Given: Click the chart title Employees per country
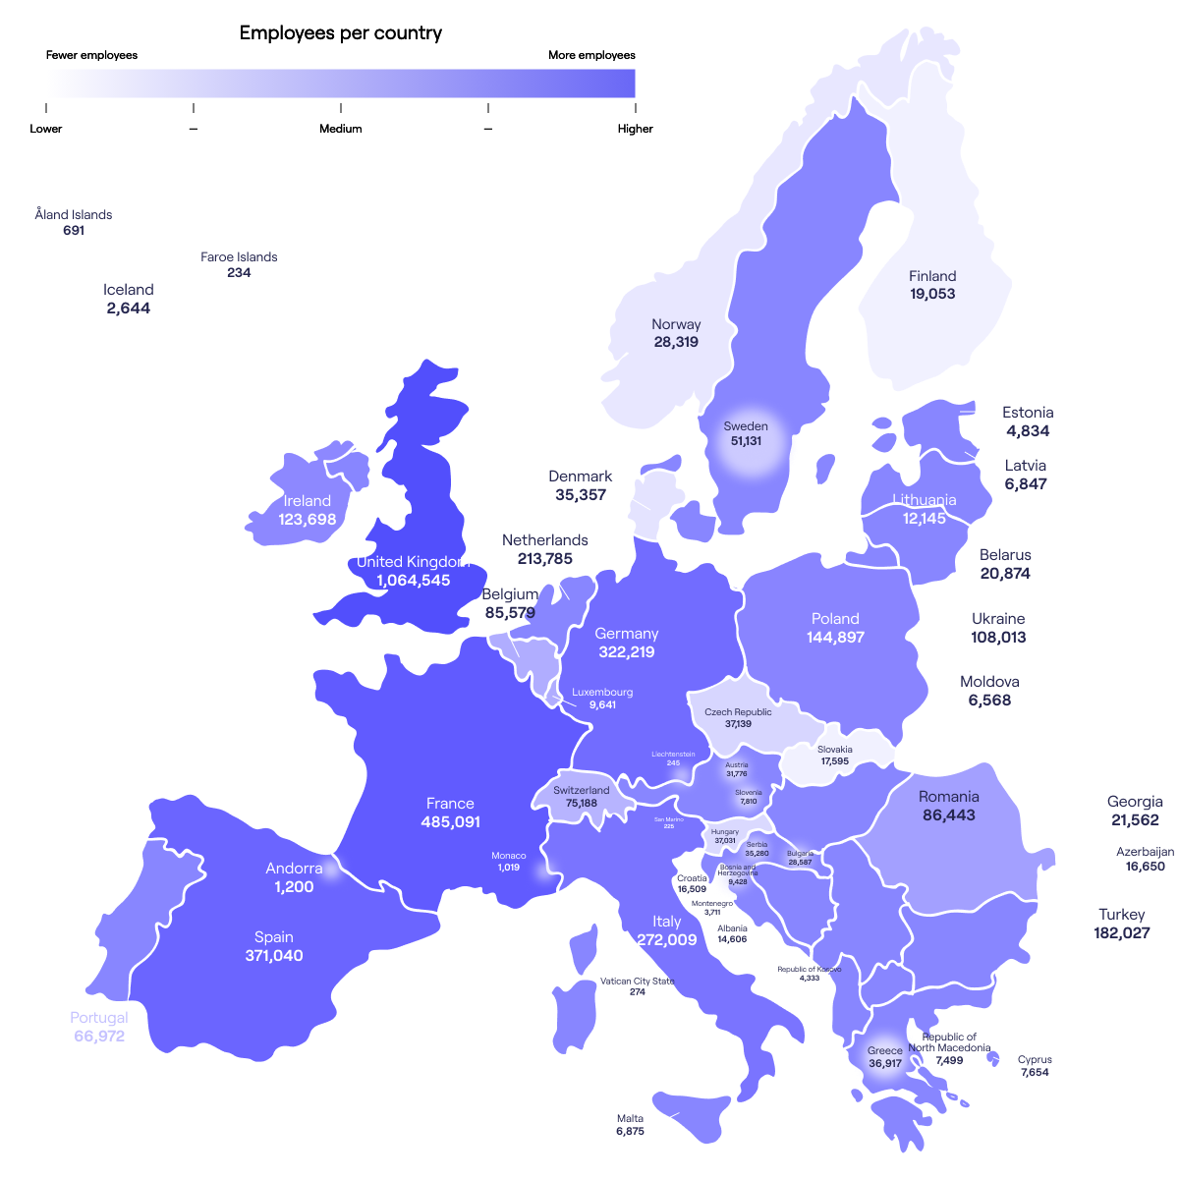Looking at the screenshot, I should coord(341,33).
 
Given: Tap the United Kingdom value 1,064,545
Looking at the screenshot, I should coord(413,581).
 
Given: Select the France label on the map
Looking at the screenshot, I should coord(450,804).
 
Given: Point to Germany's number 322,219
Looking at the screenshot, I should coord(626,652).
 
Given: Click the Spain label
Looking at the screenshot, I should coord(273,937).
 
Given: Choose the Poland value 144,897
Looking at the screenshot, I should coord(835,638).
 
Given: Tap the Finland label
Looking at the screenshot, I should coord(932,276).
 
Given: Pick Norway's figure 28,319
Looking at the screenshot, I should coord(676,342).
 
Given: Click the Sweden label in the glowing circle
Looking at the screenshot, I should coord(746,426).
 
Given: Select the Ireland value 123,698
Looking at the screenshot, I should coord(308,519).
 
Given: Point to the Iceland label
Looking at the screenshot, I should coord(129,290).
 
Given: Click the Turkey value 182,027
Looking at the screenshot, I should coord(1121,932).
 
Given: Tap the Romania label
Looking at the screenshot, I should coord(948,797).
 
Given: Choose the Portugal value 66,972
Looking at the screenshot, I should coord(99,1036).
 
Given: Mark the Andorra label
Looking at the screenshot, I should coord(294,869).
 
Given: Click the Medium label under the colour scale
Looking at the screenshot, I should coord(340,129).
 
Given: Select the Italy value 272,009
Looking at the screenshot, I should coord(666,940).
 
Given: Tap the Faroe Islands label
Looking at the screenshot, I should coord(239,257).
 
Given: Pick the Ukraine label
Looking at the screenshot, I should coord(998,619).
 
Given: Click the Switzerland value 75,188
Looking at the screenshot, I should coord(581,803).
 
